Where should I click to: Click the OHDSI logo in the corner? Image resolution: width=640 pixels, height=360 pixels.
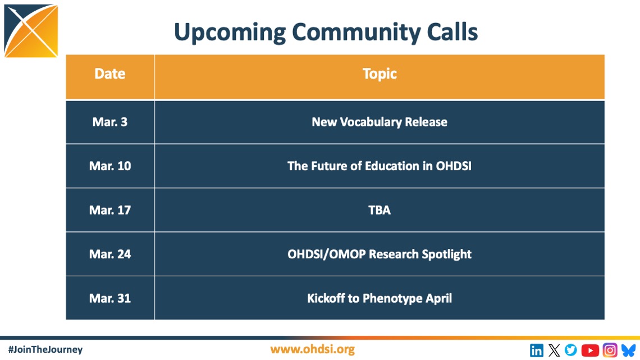[x=31, y=31]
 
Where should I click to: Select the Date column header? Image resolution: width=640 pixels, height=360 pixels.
[x=110, y=74]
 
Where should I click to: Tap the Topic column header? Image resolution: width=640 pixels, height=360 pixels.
[x=380, y=74]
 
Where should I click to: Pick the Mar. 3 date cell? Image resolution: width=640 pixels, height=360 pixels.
[x=110, y=122]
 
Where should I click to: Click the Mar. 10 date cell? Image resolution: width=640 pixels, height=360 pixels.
[x=110, y=166]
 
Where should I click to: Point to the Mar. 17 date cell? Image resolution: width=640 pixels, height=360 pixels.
[x=110, y=210]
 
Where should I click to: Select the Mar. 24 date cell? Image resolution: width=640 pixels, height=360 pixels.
[x=110, y=254]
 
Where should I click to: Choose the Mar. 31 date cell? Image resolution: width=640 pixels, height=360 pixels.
[x=110, y=298]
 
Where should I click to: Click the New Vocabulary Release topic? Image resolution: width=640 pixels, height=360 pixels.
[x=380, y=122]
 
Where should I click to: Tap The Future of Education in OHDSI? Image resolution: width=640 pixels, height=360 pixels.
[x=380, y=166]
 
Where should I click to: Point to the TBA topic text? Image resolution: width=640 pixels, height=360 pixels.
[x=380, y=210]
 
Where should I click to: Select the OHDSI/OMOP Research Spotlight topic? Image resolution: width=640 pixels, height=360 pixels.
[x=380, y=254]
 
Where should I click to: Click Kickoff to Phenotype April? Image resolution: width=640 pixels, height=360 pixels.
[x=380, y=298]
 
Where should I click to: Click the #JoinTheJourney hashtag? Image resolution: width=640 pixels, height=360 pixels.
[x=45, y=350]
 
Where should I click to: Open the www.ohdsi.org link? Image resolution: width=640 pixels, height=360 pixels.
[x=312, y=349]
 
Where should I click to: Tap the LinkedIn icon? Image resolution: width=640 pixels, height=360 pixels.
[x=537, y=350]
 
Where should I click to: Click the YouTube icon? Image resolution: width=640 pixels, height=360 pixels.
[x=590, y=350]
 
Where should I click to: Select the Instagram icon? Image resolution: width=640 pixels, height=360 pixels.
[x=610, y=350]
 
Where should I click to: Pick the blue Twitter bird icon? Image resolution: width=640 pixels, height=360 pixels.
[x=570, y=350]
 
